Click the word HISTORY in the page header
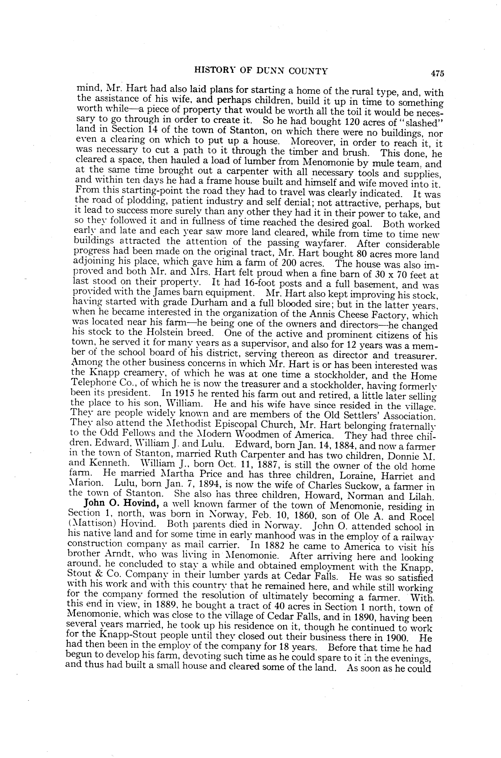tap(214, 71)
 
